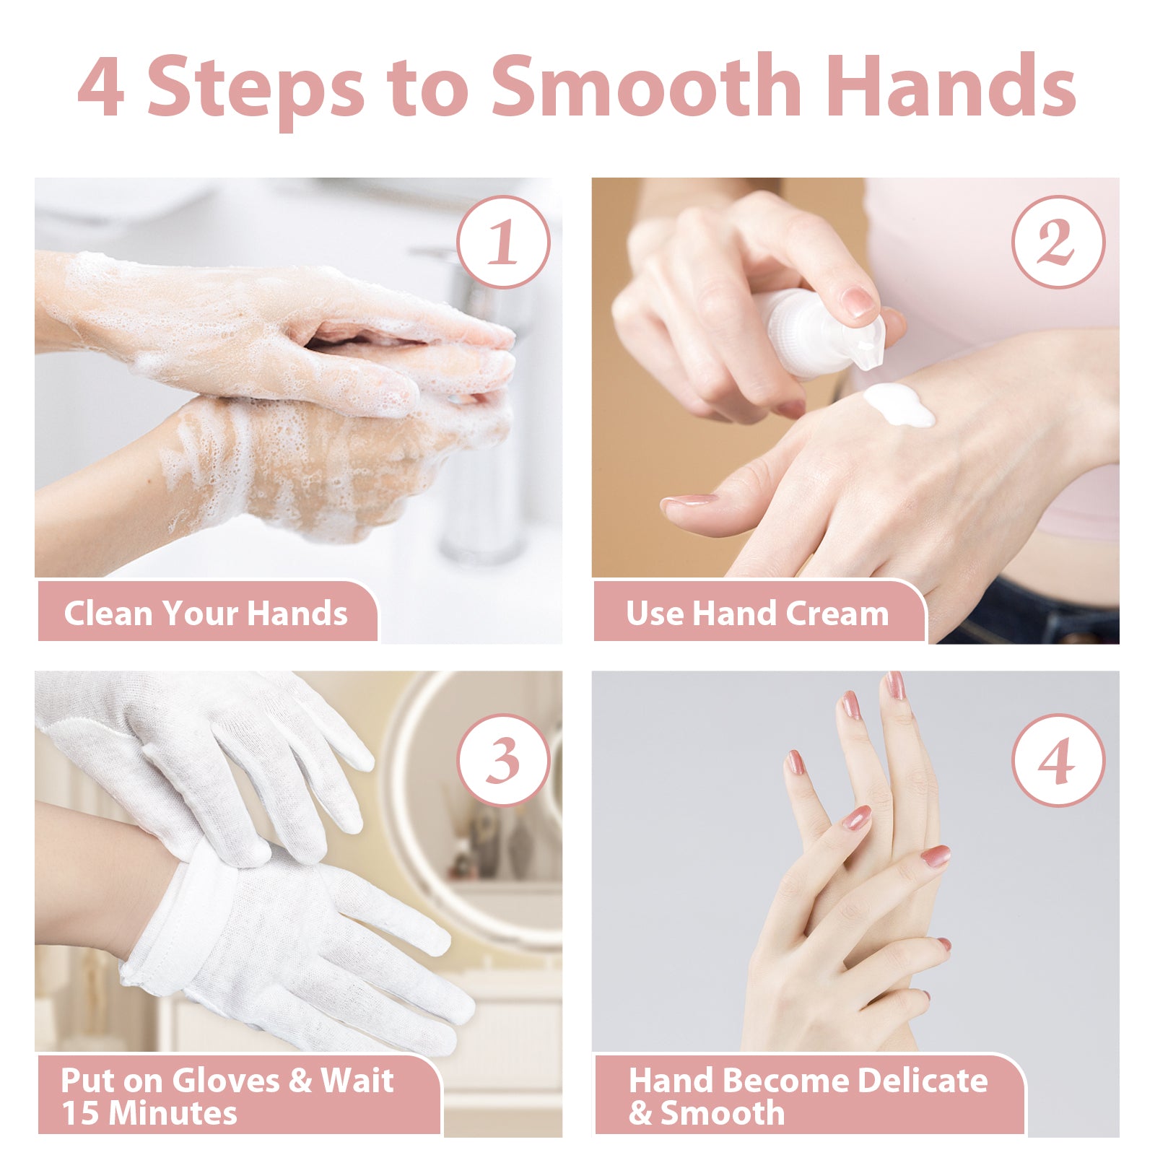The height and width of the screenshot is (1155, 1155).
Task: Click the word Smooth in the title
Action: pyautogui.click(x=645, y=87)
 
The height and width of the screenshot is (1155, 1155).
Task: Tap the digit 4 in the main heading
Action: pyautogui.click(x=101, y=87)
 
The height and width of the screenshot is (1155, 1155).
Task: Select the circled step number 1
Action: pyautogui.click(x=503, y=242)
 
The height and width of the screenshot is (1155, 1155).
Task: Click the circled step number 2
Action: pyautogui.click(x=1058, y=242)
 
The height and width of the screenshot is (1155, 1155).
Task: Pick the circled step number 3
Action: pyautogui.click(x=503, y=760)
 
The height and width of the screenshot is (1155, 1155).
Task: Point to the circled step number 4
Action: pyautogui.click(x=1058, y=760)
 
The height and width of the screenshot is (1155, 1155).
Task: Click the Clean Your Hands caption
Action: pyautogui.click(x=206, y=614)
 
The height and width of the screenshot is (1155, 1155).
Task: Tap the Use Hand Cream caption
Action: pyautogui.click(x=757, y=614)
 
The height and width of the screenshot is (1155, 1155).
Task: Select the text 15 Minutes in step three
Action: pyautogui.click(x=149, y=1112)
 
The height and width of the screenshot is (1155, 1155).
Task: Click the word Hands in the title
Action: pyautogui.click(x=951, y=87)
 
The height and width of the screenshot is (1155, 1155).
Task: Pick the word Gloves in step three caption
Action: pyautogui.click(x=225, y=1081)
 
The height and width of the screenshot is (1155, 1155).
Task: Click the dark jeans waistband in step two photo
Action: pyautogui.click(x=1032, y=614)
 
